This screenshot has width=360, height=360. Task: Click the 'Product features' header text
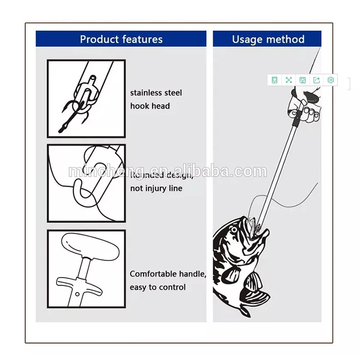click(121, 39)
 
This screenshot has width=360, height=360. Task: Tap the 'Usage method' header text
click(268, 39)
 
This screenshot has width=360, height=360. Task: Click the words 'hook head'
click(150, 106)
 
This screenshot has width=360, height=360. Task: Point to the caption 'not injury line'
click(156, 188)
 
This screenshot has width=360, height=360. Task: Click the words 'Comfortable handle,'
click(168, 274)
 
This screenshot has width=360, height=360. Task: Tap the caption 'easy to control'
click(157, 287)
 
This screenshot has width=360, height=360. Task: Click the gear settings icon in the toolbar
click(330, 80)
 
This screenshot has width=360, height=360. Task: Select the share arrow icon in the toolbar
click(316, 80)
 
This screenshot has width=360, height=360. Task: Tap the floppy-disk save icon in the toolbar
click(302, 80)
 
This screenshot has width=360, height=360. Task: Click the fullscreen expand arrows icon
click(288, 80)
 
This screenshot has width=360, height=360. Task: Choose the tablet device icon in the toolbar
click(275, 80)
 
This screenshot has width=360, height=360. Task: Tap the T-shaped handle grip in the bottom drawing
click(87, 245)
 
